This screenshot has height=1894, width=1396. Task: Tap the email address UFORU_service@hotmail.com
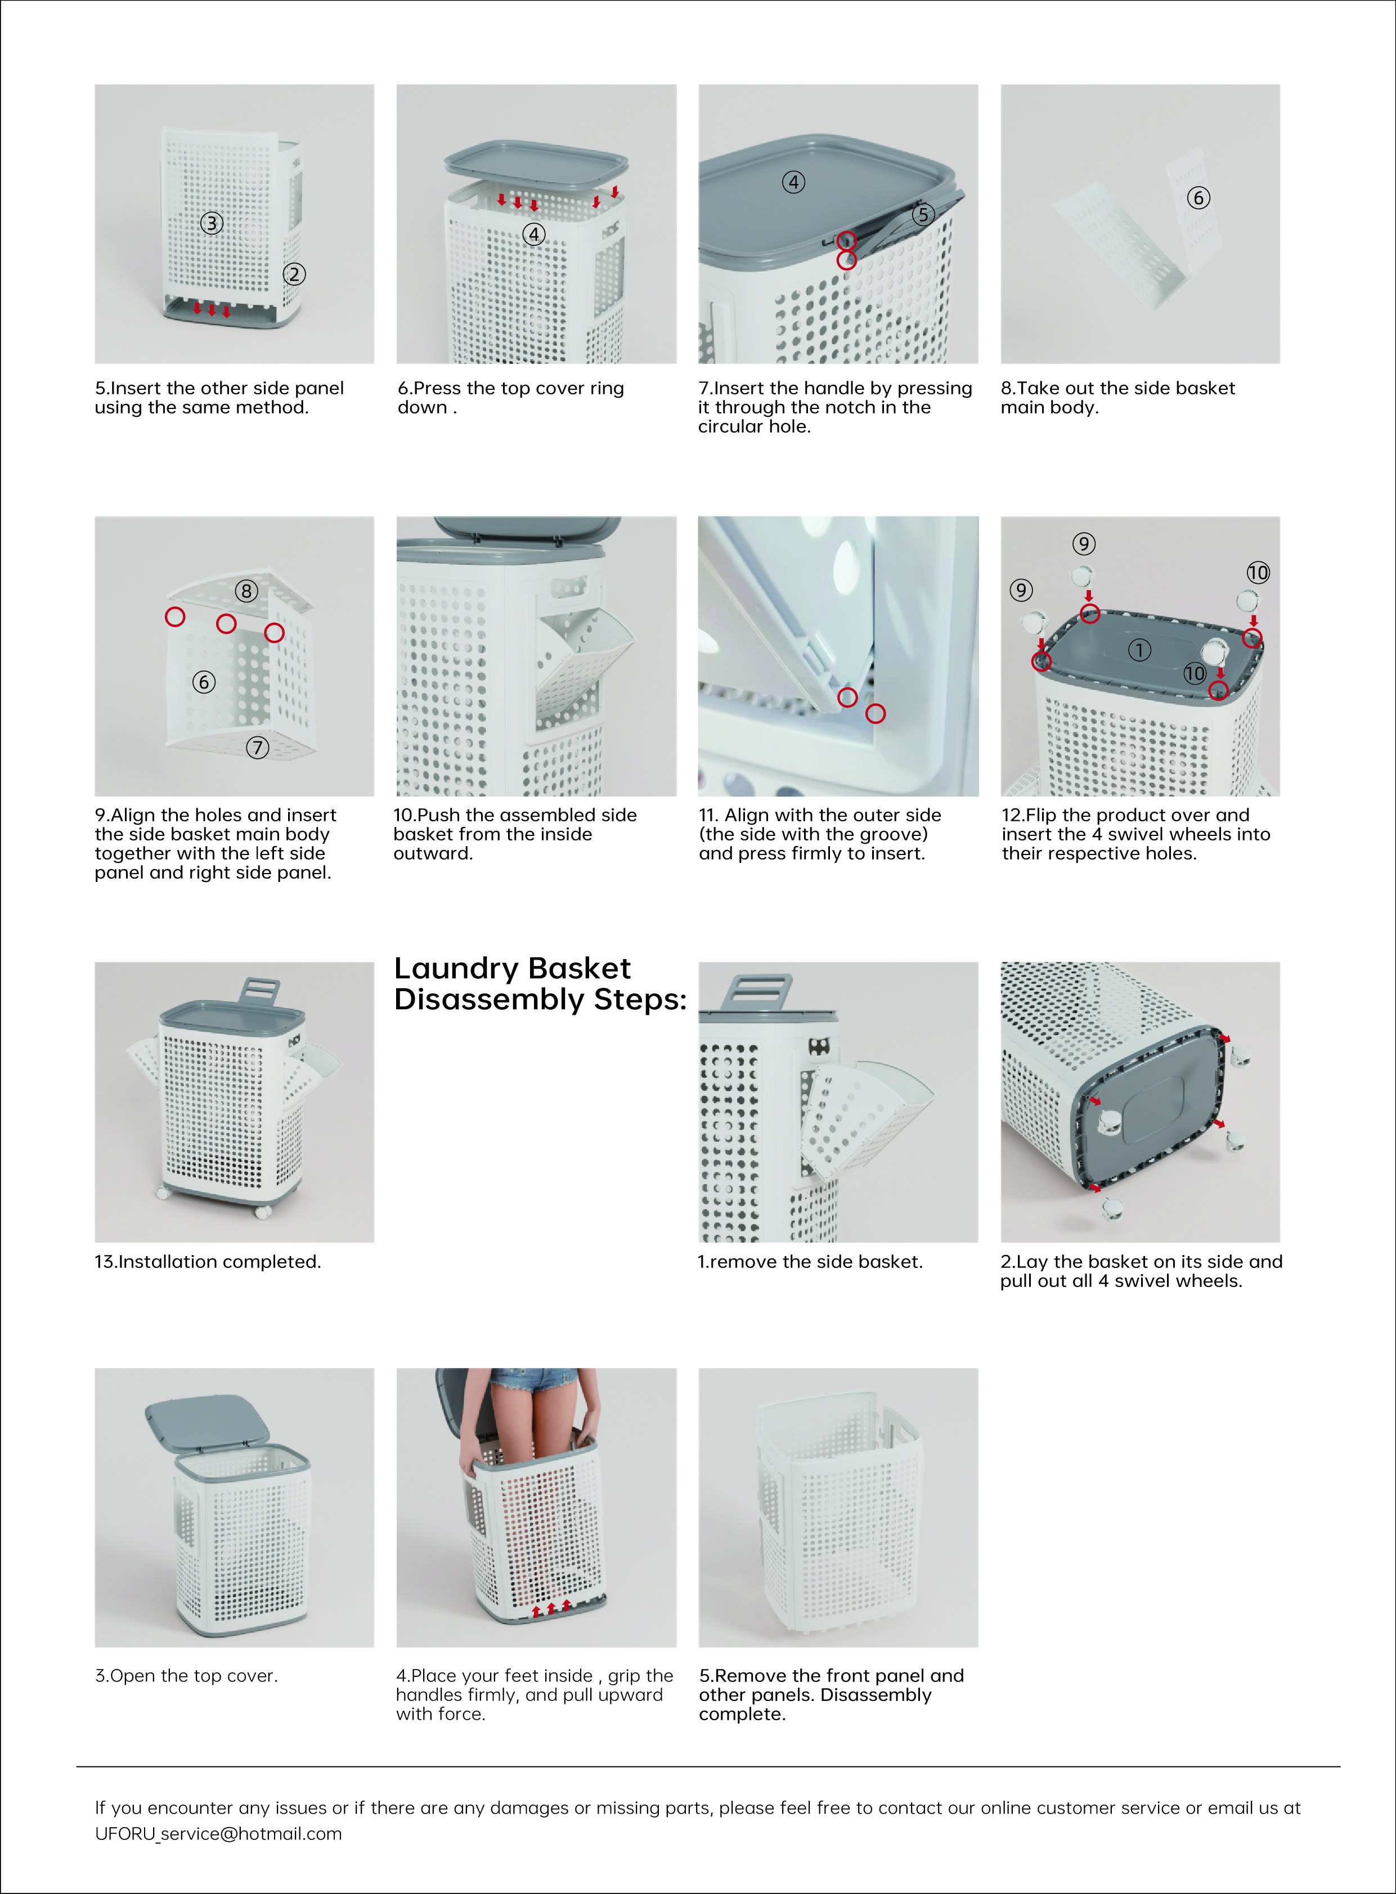pyautogui.click(x=218, y=1833)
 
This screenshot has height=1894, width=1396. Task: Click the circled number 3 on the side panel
pyautogui.click(x=211, y=223)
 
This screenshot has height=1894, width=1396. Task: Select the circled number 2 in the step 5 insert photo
pyautogui.click(x=294, y=274)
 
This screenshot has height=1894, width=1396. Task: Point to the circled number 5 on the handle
pyautogui.click(x=923, y=214)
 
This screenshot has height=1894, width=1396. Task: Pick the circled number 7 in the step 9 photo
pyautogui.click(x=258, y=747)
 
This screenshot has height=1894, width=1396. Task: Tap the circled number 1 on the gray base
pyautogui.click(x=1139, y=650)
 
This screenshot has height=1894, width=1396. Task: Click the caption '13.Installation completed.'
pyautogui.click(x=208, y=1261)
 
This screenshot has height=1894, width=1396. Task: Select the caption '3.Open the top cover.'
pyautogui.click(x=186, y=1675)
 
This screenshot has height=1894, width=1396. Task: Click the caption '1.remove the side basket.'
pyautogui.click(x=810, y=1261)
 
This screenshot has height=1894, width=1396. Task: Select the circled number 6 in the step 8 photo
pyautogui.click(x=1199, y=197)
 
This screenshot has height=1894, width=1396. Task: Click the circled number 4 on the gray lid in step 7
pyautogui.click(x=793, y=182)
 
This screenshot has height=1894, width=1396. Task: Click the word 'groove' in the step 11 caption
pyautogui.click(x=891, y=834)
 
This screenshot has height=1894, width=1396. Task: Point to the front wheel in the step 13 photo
pyautogui.click(x=262, y=1212)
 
